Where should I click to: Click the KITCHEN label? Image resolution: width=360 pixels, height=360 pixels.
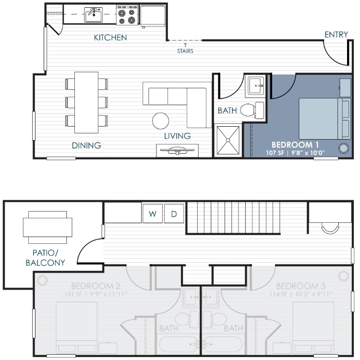pyautogui.click(x=110, y=37)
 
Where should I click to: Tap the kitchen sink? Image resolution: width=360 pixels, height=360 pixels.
pyautogui.click(x=93, y=14)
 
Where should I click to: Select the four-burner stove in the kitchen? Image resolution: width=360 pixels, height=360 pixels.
pyautogui.click(x=127, y=15)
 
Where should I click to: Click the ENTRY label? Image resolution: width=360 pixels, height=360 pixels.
pyautogui.click(x=336, y=35)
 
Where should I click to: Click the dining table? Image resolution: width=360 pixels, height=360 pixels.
pyautogui.click(x=86, y=102)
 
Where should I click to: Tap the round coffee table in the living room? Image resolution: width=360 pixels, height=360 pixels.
pyautogui.click(x=161, y=120)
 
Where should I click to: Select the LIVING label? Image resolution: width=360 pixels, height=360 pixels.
pyautogui.click(x=177, y=136)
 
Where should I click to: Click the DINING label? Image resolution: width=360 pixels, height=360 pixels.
pyautogui.click(x=86, y=145)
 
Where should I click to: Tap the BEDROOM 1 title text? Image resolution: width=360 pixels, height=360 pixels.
pyautogui.click(x=296, y=144)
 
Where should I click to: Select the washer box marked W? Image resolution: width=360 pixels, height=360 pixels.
pyautogui.click(x=152, y=214)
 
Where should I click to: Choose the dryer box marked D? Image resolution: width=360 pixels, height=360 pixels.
pyautogui.click(x=174, y=214)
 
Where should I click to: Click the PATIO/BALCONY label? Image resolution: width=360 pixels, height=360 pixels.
pyautogui.click(x=46, y=258)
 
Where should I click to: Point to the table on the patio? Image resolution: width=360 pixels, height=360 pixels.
pyautogui.click(x=48, y=228)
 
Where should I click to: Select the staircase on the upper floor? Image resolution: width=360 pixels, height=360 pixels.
pyautogui.click(x=233, y=217)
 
